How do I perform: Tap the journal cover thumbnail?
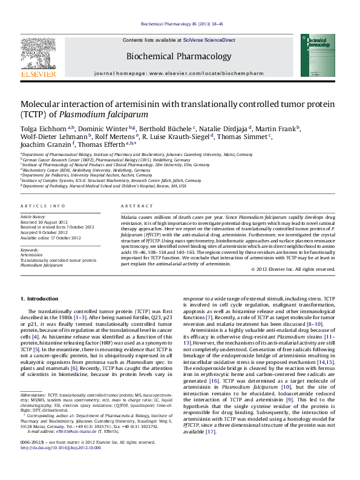(317, 55)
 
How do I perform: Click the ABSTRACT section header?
(135, 206)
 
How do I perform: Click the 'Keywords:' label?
(30, 250)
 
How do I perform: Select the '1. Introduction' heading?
(39, 299)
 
